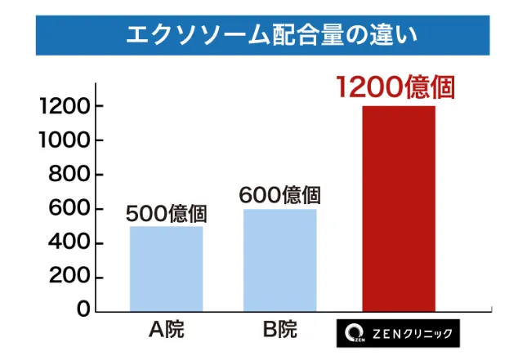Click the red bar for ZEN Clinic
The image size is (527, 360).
[x=398, y=208]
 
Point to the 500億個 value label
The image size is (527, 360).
[x=167, y=214]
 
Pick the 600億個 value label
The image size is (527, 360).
[x=279, y=196]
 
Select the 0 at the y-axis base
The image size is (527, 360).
[x=83, y=309]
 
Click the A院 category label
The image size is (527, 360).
[x=167, y=331]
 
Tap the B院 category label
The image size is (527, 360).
[x=280, y=331]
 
